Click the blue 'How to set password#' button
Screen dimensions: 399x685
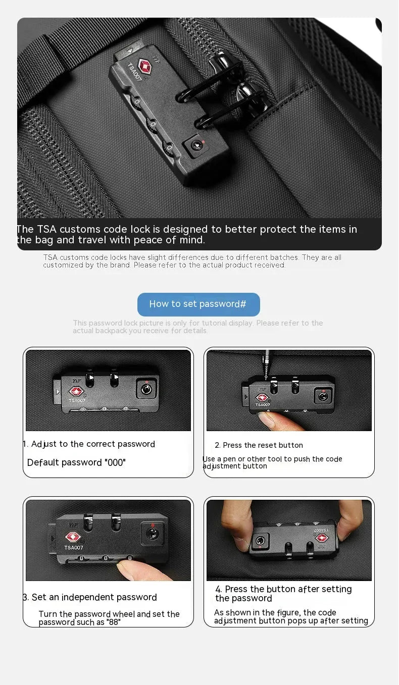tap(198, 304)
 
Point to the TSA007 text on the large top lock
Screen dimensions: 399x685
tap(134, 72)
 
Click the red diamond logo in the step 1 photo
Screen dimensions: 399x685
tap(76, 391)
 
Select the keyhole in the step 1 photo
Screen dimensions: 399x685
tap(145, 389)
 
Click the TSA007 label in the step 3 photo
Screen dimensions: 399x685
tap(73, 547)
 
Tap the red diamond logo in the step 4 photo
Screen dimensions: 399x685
tap(321, 538)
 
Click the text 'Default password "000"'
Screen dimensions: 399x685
tap(76, 462)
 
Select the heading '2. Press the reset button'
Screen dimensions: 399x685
tap(259, 445)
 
